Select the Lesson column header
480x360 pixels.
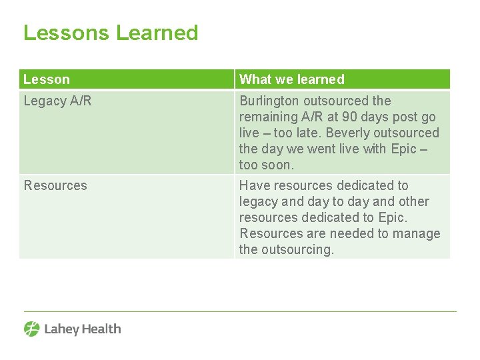(x=47, y=79)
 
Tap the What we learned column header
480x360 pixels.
(x=292, y=79)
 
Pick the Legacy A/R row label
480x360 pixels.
(x=58, y=101)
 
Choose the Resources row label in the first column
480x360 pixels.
(x=55, y=185)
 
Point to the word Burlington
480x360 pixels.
(x=269, y=101)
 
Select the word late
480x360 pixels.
(x=313, y=133)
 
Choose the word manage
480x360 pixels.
(x=417, y=233)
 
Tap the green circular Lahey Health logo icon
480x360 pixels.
(x=32, y=329)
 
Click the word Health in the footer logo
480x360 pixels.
(x=101, y=329)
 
